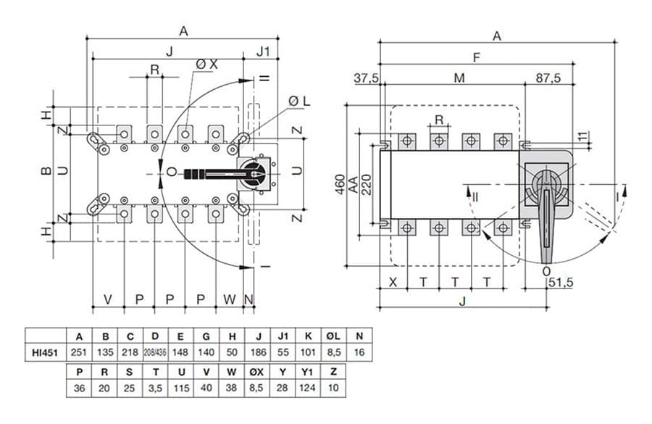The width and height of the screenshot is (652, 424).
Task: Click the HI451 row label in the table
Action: pos(45,353)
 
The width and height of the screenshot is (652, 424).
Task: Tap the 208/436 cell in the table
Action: pos(156,353)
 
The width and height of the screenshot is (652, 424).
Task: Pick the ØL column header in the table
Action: pos(333,336)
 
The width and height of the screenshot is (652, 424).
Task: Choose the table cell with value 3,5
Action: pos(156,388)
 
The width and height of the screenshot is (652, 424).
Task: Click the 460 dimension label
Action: pos(339,185)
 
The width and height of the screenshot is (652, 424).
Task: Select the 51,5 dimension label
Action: pos(560,282)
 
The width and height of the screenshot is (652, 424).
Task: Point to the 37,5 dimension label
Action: pos(367,78)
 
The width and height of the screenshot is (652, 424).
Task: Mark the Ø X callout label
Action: pos(206,65)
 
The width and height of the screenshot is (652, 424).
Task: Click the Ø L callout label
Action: pos(298,100)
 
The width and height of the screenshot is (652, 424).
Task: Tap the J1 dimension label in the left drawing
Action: pos(263,51)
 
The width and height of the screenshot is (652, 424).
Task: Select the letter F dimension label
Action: pos(476,57)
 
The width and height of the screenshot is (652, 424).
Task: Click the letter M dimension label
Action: pos(459,78)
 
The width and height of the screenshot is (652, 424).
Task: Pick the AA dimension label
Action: pos(353,185)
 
